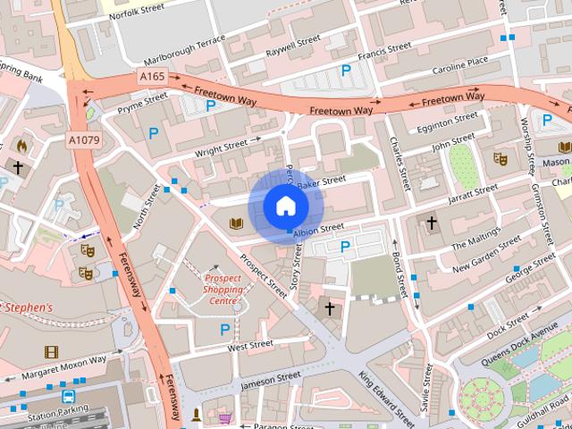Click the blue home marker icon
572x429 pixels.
click(x=285, y=206)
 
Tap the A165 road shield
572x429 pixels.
click(x=152, y=78)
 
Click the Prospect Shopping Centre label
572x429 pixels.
click(x=223, y=289)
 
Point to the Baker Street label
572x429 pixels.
click(x=321, y=182)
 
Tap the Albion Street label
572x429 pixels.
click(x=318, y=230)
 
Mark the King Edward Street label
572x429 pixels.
click(x=387, y=393)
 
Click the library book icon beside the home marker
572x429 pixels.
click(x=237, y=223)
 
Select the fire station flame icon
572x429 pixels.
click(x=21, y=145)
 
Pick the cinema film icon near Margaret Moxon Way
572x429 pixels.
click(x=51, y=351)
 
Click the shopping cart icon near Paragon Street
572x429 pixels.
click(x=224, y=417)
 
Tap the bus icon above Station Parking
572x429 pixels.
click(x=68, y=396)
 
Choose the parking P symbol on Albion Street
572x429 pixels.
click(x=345, y=246)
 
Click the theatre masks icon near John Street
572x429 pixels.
click(x=500, y=158)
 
